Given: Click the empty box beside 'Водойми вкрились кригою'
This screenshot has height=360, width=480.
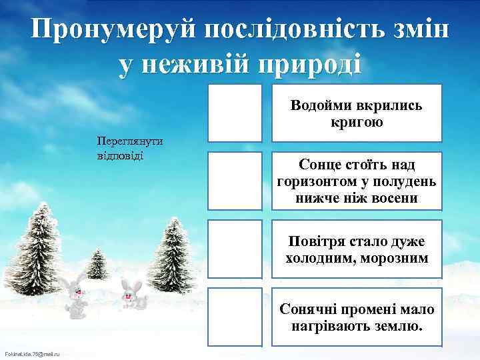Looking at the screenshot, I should point(235,113).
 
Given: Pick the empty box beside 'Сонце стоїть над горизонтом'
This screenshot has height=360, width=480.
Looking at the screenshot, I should point(235,181).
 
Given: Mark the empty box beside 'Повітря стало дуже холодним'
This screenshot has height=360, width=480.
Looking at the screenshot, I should point(235,249).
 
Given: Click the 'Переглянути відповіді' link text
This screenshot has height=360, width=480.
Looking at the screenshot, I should point(130,149).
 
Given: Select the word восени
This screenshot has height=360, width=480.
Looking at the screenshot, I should point(395,199).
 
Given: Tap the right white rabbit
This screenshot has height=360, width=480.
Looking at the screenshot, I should point(133,294).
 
